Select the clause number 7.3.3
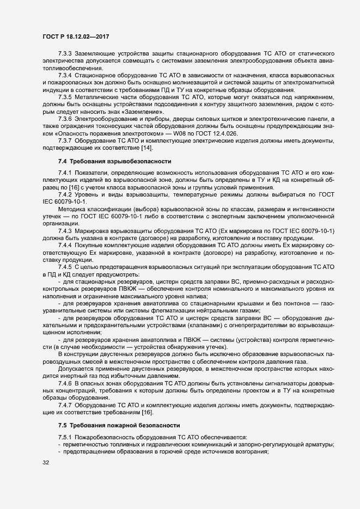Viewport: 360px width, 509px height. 66,54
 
